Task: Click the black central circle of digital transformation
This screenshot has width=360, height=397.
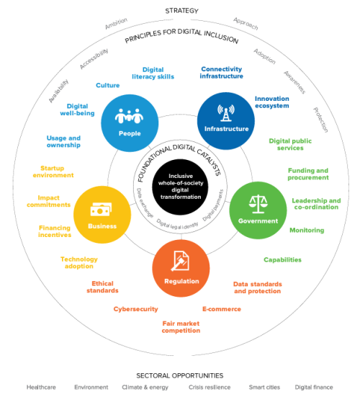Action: [x=180, y=187]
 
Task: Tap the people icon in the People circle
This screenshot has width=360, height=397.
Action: [x=129, y=116]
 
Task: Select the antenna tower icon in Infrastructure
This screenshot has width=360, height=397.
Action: [x=226, y=113]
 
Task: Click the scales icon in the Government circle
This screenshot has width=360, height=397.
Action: [x=258, y=204]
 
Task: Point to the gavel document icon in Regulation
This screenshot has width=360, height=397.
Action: [x=180, y=261]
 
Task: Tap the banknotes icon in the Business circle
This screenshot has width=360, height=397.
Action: [x=101, y=210]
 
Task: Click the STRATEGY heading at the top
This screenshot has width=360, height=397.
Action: [x=181, y=11]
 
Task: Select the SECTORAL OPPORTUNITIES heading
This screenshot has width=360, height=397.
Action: [x=180, y=375]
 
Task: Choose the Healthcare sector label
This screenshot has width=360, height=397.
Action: [x=41, y=387]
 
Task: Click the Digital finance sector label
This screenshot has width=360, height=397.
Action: [x=314, y=387]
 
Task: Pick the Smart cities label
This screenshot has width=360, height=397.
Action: [x=264, y=387]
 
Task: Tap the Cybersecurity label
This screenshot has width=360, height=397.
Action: [x=135, y=309]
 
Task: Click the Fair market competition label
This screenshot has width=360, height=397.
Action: [x=181, y=327]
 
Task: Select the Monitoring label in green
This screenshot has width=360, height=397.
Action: [x=307, y=230]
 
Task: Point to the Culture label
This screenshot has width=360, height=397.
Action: [x=107, y=85]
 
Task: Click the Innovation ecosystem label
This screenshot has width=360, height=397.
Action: [x=271, y=102]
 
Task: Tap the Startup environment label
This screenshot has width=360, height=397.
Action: [x=53, y=171]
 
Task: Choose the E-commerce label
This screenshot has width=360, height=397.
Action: [x=222, y=309]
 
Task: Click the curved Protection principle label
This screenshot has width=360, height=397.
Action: [x=321, y=120]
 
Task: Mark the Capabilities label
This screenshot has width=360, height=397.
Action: [x=282, y=260]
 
